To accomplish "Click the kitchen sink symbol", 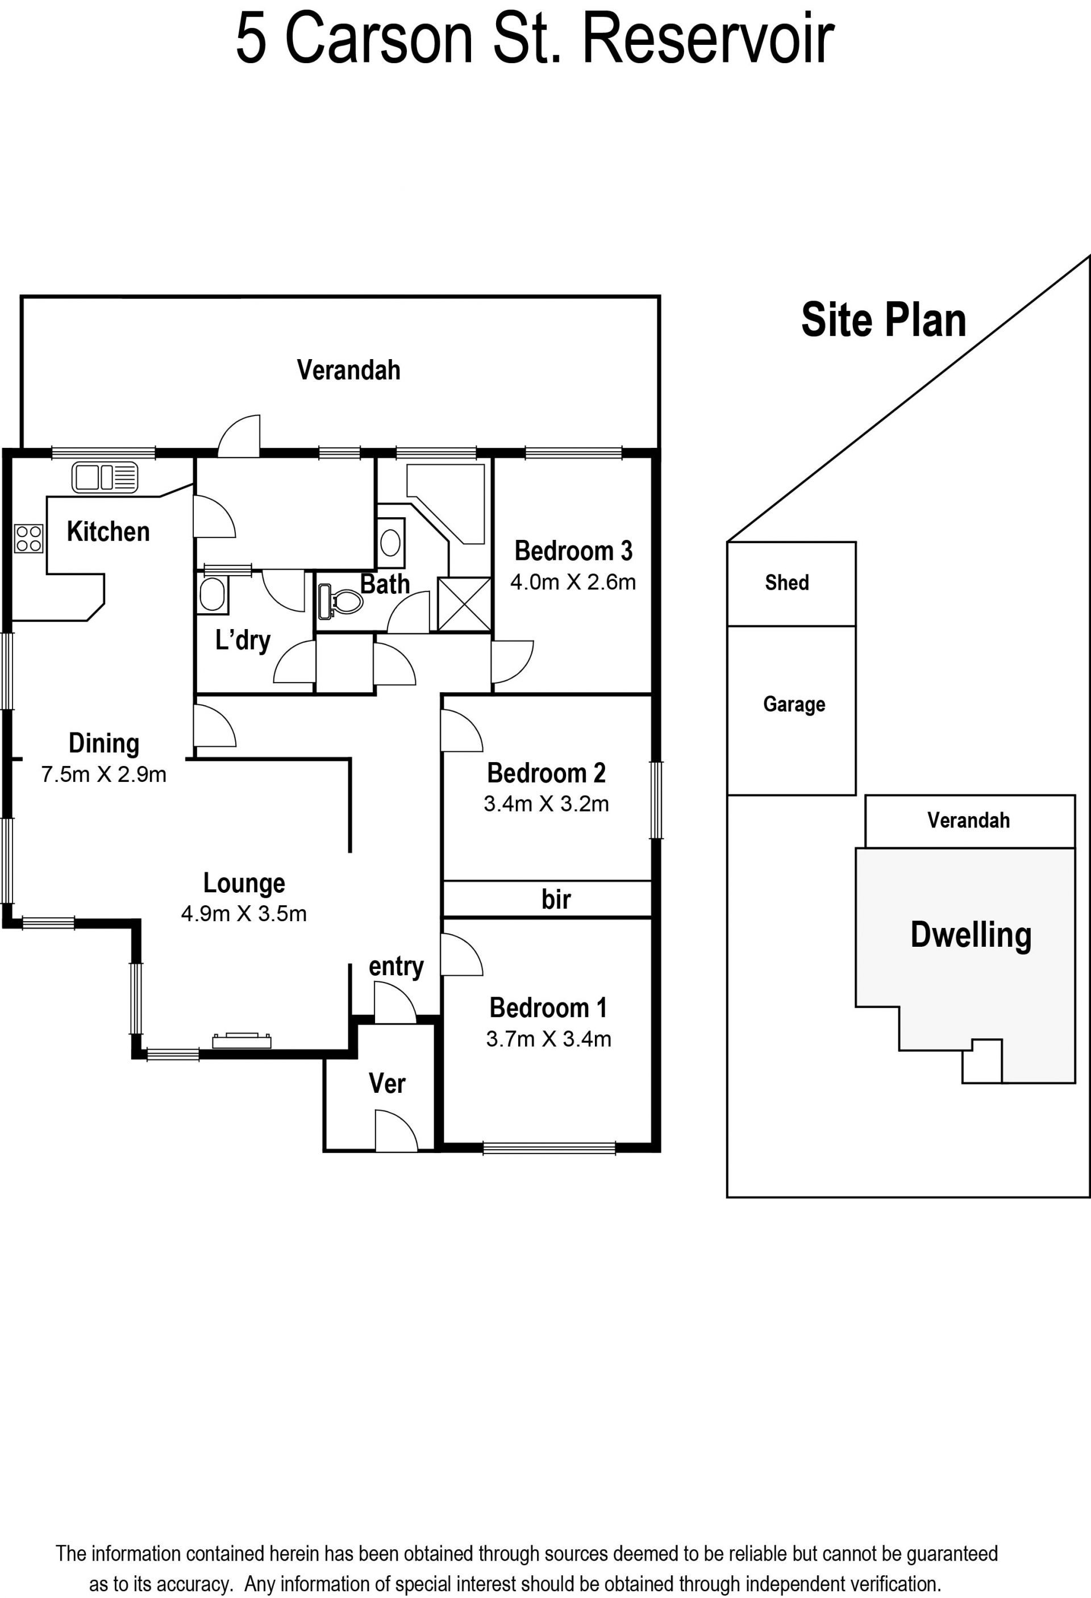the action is [x=105, y=477].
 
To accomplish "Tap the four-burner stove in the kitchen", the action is [x=29, y=538].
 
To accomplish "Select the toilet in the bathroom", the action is [x=340, y=602].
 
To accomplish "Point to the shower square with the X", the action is [x=465, y=604].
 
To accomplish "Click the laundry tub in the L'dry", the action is [x=213, y=595].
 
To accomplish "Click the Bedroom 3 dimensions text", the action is [x=573, y=582].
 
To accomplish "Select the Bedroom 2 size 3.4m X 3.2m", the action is [x=547, y=804].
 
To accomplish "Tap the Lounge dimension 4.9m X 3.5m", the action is [x=244, y=914].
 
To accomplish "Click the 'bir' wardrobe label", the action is [x=556, y=900].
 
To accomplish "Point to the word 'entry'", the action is [x=396, y=967].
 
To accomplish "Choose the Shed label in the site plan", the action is [x=787, y=582].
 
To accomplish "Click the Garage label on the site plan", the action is [x=794, y=704].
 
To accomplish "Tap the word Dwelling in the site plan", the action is [x=971, y=935].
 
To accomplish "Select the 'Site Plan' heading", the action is [x=884, y=320].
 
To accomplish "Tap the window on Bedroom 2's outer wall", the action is [x=656, y=800].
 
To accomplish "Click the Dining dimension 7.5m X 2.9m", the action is [x=104, y=775].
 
